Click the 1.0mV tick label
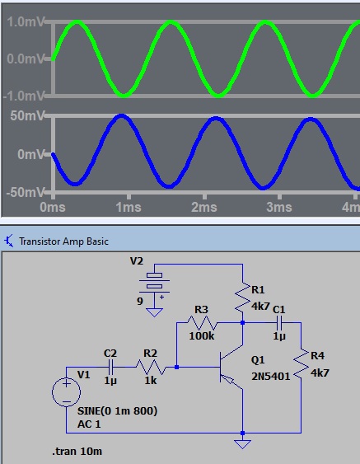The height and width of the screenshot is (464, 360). click(x=25, y=22)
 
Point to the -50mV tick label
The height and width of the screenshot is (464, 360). click(x=25, y=192)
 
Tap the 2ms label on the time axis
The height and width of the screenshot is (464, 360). click(x=204, y=207)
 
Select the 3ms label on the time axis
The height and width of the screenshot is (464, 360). click(x=279, y=207)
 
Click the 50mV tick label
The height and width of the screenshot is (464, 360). click(x=27, y=115)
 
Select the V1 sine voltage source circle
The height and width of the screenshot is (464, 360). click(x=66, y=391)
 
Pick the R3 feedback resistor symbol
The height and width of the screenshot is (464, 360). click(x=202, y=323)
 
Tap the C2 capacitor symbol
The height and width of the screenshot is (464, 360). click(x=111, y=367)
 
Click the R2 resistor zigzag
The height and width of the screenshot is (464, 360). click(x=151, y=368)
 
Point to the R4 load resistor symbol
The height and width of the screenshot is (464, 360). click(x=301, y=364)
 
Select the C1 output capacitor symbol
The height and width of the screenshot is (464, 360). click(x=279, y=323)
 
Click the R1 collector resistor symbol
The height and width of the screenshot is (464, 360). click(x=242, y=298)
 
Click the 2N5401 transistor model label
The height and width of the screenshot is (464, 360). click(x=271, y=377)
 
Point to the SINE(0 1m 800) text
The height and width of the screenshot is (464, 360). click(x=117, y=410)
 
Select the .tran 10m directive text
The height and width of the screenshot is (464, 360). click(x=77, y=452)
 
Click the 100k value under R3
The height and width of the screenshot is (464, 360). click(x=202, y=336)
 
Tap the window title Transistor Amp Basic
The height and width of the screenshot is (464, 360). click(x=63, y=241)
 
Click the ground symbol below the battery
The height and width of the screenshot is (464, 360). click(x=154, y=312)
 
